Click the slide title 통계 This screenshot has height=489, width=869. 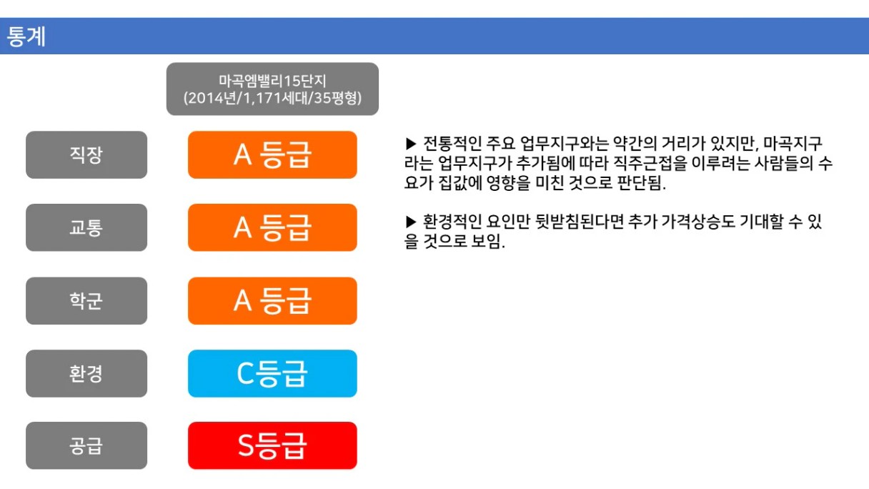coord(26,36)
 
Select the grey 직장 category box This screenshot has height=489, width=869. coord(86,155)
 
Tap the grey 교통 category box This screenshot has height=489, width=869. coord(86,227)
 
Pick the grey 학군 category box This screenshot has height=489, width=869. coord(86,301)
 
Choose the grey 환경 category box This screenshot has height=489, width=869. coord(86,373)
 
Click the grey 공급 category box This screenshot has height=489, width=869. coord(86,445)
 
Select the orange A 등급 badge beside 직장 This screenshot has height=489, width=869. coord(272,155)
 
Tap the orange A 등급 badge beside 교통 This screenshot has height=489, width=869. coord(272,227)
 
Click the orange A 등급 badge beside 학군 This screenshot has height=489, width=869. coord(272,301)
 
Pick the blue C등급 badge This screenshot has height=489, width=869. coord(272,373)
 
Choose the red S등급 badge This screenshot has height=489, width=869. coord(272,445)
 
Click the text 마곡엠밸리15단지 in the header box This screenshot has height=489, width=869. coord(272,81)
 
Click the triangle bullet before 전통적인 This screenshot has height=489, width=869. coord(411,144)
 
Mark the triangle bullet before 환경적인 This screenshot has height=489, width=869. coord(411,222)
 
